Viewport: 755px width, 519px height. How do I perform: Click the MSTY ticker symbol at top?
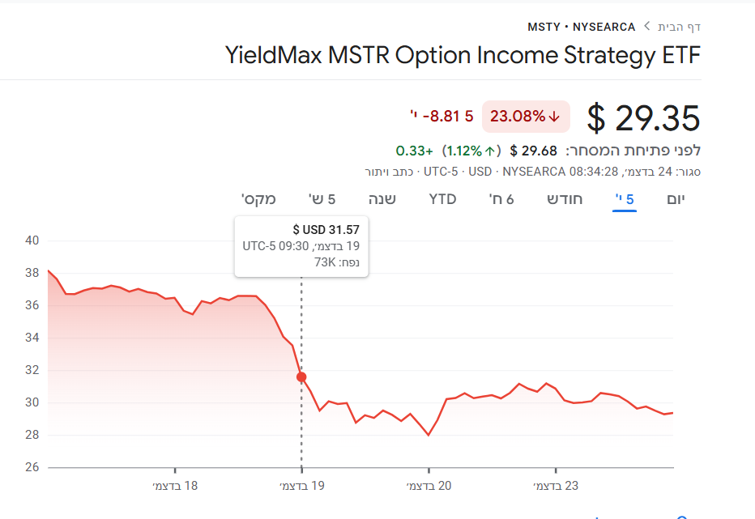click(544, 27)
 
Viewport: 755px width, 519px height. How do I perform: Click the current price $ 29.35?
click(643, 118)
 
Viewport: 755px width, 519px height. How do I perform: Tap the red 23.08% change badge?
click(526, 117)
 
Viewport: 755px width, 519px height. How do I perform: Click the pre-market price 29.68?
click(539, 151)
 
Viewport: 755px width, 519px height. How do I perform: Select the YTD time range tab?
click(442, 199)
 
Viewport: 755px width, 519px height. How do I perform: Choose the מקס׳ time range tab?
click(258, 199)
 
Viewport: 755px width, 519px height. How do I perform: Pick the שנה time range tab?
click(382, 199)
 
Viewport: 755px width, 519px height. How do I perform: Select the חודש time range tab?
click(565, 199)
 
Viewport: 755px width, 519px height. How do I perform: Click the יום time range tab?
click(676, 199)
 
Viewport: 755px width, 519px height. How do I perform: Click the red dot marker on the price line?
click(301, 377)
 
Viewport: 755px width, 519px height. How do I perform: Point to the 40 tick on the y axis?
click(32, 240)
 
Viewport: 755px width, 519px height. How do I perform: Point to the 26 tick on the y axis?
click(32, 467)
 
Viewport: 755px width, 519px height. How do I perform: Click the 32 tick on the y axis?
click(32, 370)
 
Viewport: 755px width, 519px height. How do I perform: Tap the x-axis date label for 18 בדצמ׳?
click(175, 486)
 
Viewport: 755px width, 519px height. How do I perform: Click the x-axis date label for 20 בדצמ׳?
click(429, 486)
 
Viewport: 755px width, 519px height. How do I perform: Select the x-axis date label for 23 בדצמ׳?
click(556, 486)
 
